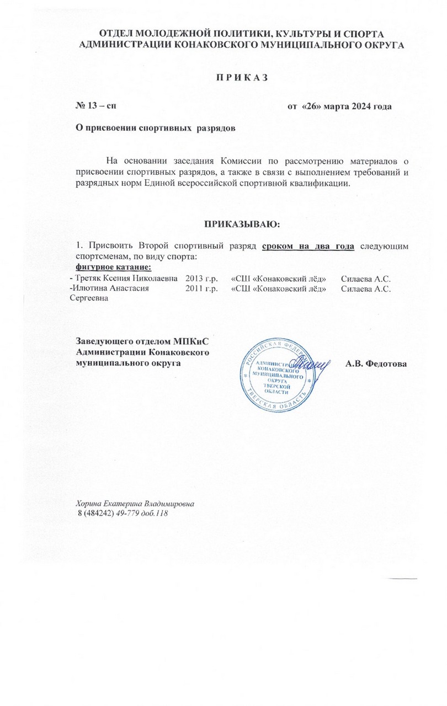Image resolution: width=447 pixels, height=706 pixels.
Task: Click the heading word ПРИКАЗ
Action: click(x=241, y=77)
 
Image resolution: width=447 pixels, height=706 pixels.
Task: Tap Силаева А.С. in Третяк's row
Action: click(x=366, y=277)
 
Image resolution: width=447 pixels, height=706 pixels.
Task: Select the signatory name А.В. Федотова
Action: click(x=376, y=363)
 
